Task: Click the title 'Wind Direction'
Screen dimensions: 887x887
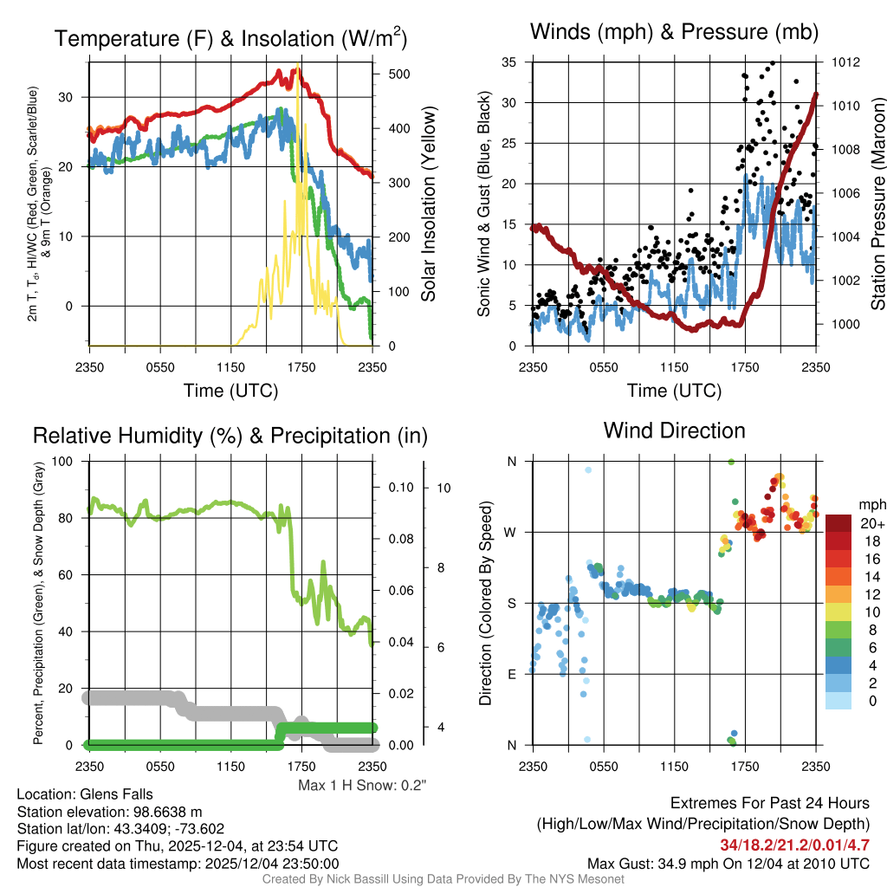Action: (x=674, y=431)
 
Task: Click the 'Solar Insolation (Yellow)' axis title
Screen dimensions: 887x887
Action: (x=429, y=204)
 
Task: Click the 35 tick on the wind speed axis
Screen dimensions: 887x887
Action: (x=509, y=62)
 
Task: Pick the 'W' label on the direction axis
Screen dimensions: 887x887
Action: (x=512, y=532)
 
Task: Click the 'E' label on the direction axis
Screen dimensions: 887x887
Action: (x=512, y=674)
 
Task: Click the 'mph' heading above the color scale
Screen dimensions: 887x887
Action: (x=870, y=504)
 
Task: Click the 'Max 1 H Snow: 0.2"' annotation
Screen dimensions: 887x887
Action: (x=363, y=787)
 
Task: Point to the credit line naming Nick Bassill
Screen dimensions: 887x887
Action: (x=443, y=879)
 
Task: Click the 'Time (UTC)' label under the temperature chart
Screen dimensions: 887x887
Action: (x=230, y=391)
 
